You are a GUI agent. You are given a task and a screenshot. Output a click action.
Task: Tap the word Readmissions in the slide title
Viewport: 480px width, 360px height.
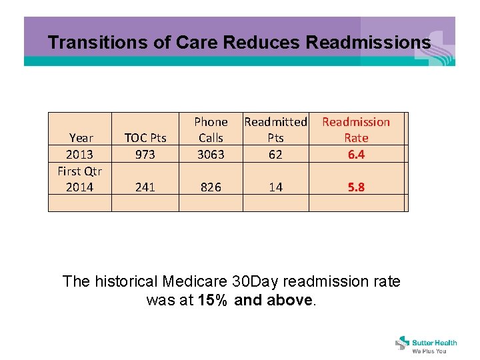[368, 43]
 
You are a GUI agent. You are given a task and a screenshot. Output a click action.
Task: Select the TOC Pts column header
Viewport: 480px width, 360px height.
[145, 138]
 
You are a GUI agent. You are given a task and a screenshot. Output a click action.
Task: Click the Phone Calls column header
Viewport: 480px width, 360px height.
[211, 130]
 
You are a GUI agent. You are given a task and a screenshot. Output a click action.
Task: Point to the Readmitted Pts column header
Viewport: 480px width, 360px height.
[275, 130]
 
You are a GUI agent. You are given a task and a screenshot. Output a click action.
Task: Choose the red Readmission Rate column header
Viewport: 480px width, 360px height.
[356, 130]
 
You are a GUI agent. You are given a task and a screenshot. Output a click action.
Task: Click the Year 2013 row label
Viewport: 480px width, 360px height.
[81, 146]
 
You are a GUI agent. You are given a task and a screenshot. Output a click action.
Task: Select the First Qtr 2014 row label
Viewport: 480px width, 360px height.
[79, 179]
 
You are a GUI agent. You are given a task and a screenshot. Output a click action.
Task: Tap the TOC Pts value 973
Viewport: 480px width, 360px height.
[145, 155]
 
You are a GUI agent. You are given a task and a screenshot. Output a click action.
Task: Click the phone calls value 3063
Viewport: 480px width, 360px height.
[211, 155]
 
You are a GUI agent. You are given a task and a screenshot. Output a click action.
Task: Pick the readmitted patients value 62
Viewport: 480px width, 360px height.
[275, 155]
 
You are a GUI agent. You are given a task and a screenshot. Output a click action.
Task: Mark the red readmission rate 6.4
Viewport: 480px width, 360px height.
[356, 155]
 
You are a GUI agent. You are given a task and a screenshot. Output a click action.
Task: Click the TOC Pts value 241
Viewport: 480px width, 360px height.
[145, 187]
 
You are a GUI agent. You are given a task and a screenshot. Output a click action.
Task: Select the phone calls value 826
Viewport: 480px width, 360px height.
[211, 187]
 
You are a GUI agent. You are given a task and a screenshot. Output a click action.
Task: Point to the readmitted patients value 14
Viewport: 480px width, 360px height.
[275, 187]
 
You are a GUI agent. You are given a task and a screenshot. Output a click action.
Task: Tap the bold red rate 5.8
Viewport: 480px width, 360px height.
[356, 187]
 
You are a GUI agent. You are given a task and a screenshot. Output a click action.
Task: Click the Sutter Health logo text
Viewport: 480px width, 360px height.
[435, 343]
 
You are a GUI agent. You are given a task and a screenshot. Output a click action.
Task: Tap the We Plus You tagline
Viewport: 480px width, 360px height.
[429, 351]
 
